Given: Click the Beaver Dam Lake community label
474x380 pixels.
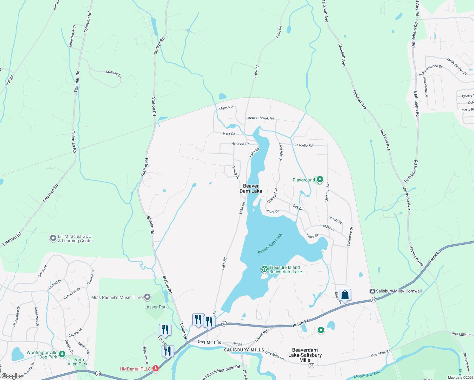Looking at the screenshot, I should [251, 188].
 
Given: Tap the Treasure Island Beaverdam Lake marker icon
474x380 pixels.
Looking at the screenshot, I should [264, 269].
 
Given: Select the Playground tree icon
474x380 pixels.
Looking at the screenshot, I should [320, 180].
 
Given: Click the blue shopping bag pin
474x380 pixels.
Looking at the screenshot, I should [345, 295].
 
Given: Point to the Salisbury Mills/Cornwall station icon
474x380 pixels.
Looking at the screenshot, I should [373, 291].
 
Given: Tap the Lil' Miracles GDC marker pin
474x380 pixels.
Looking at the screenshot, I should [53, 238].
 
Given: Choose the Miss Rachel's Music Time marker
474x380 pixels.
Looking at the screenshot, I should [147, 297].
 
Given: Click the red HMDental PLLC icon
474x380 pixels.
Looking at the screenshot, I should [155, 369].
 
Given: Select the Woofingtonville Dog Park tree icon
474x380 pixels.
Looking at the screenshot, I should [62, 354].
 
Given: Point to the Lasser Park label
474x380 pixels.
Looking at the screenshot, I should [156, 307].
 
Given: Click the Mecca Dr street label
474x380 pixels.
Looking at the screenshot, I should [227, 108].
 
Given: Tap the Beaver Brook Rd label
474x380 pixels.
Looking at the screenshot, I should [260, 118].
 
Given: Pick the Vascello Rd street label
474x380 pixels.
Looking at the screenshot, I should [303, 145].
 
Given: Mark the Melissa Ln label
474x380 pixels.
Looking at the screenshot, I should [113, 74].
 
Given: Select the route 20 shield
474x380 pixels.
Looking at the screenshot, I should [311, 365].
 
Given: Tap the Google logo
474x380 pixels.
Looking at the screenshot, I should [11, 376].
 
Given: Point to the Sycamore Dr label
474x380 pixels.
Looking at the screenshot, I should [350, 237].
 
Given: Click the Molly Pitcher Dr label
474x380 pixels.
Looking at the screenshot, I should [457, 66].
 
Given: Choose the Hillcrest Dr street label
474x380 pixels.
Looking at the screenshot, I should [240, 143].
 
